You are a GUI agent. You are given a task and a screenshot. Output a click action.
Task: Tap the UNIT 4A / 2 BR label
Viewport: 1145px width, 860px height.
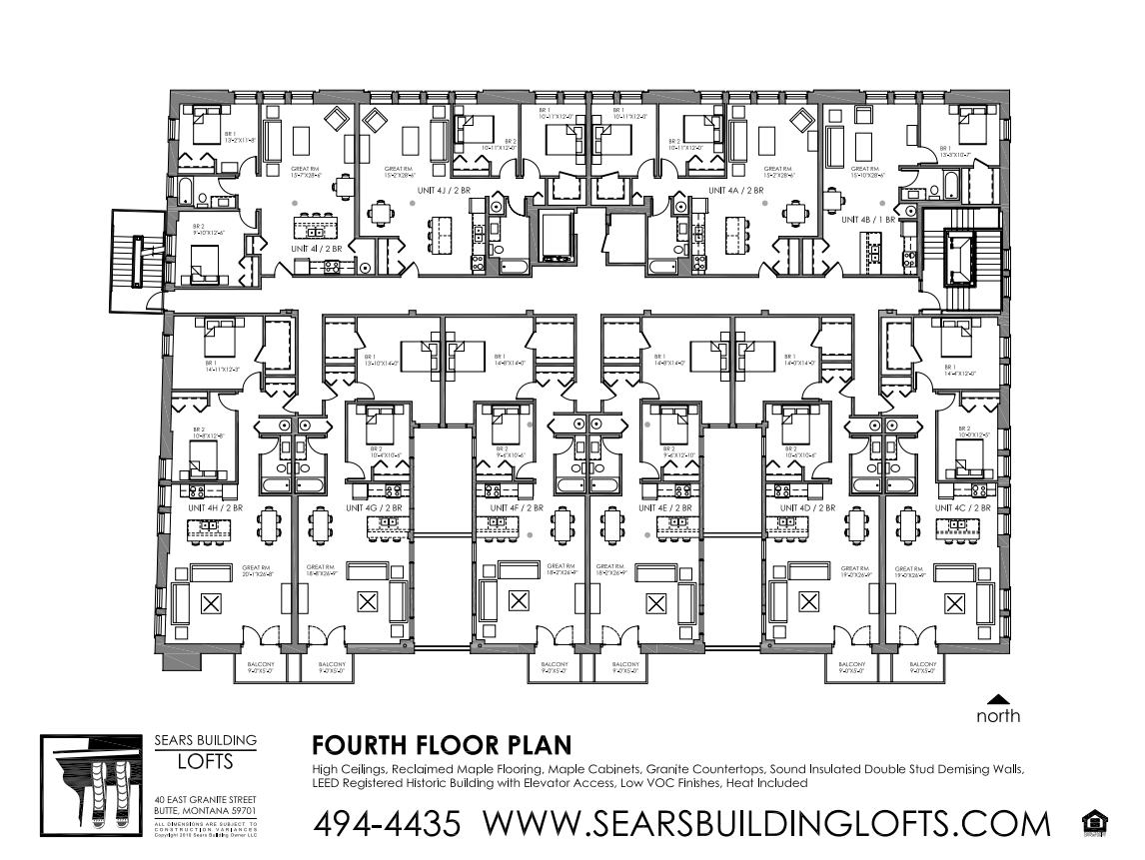(x=735, y=190)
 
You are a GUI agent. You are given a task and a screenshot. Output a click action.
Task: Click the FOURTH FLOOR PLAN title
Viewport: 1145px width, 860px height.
(x=442, y=745)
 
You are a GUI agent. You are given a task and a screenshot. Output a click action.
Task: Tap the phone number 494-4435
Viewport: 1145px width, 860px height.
(x=388, y=824)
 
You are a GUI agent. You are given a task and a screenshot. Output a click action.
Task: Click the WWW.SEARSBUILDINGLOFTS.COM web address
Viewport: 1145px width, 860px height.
(x=767, y=824)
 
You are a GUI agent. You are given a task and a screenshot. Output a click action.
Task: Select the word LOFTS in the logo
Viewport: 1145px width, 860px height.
(x=205, y=762)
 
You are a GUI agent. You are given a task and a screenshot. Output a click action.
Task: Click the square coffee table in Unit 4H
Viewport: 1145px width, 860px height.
(x=212, y=602)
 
